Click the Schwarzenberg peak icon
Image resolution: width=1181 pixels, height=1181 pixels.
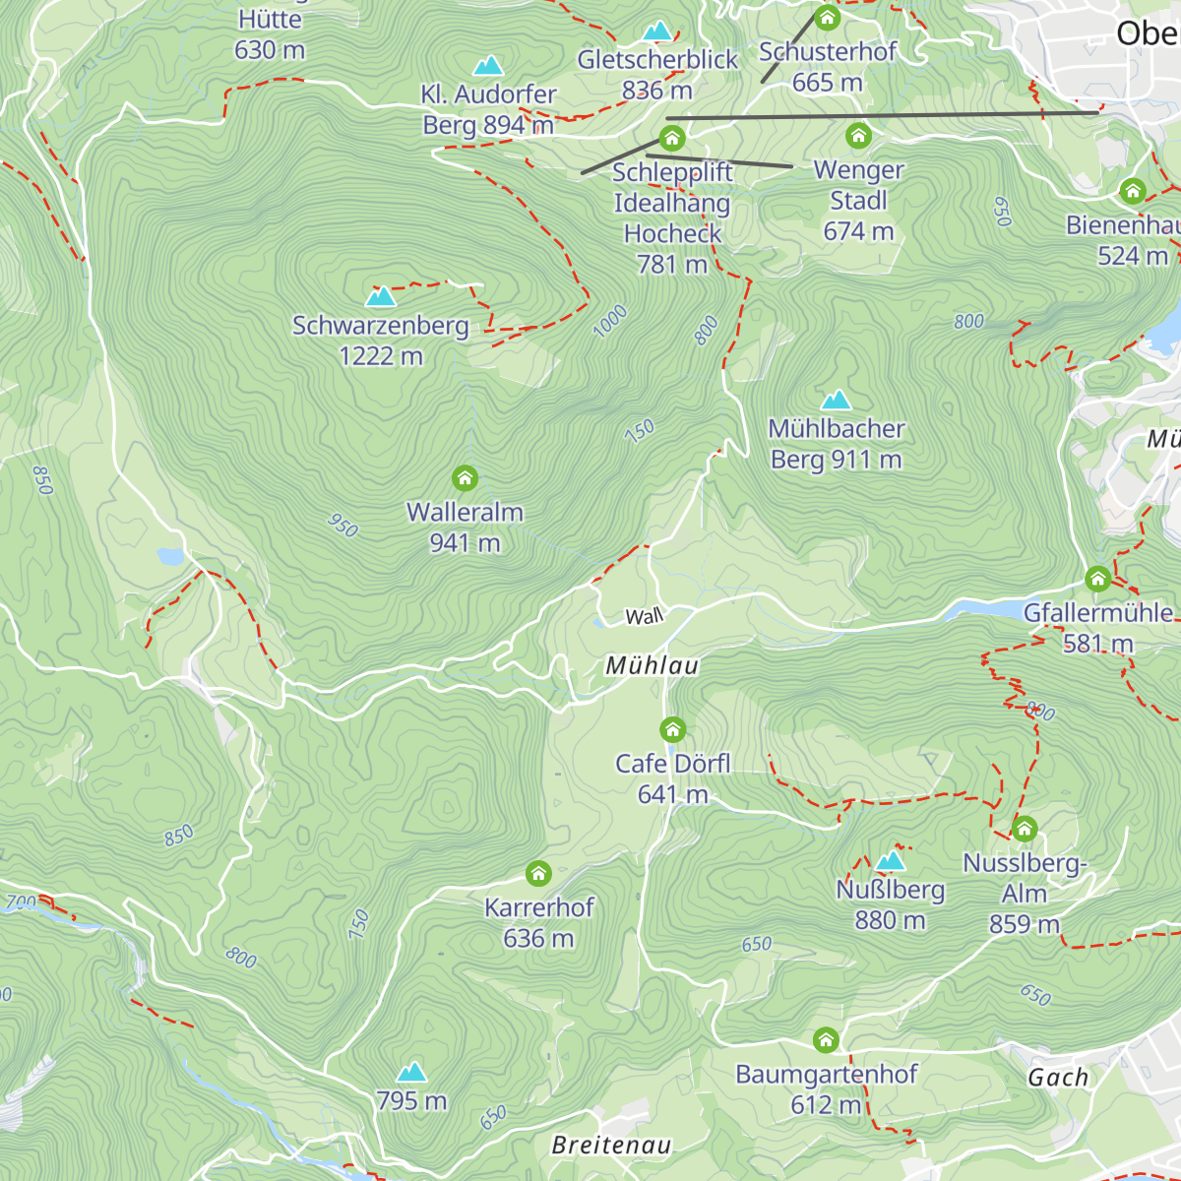[x=380, y=295]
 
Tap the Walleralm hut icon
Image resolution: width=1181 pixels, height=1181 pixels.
[x=465, y=479]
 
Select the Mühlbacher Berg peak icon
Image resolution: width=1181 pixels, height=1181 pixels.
[x=836, y=400]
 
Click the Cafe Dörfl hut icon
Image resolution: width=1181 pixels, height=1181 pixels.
[x=672, y=730]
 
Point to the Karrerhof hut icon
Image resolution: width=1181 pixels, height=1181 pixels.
[x=537, y=874]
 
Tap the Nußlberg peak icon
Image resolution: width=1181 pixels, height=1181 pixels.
[x=890, y=861]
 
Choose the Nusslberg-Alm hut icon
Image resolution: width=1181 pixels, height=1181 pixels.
[x=1024, y=830]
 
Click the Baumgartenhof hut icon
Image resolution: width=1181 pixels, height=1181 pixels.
[x=826, y=1040]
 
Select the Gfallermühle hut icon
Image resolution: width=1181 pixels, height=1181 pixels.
[x=1097, y=579]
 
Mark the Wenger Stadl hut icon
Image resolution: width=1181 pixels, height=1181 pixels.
[x=858, y=136]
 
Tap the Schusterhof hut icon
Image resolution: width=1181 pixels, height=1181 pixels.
[x=827, y=18]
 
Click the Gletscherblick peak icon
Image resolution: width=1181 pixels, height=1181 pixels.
[x=656, y=31]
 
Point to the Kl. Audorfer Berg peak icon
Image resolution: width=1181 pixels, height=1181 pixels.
[x=488, y=66]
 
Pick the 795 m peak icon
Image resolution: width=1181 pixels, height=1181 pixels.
[x=411, y=1072]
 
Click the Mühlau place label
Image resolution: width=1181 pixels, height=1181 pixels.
[x=652, y=666]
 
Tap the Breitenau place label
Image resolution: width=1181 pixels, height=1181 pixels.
[x=611, y=1145]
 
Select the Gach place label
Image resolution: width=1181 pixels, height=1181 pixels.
[x=1058, y=1078]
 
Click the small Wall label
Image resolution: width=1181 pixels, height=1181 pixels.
[x=645, y=617]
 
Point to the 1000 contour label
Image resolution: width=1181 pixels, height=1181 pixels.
[x=610, y=321]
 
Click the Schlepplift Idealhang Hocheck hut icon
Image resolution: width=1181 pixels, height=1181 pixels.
[x=672, y=138]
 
